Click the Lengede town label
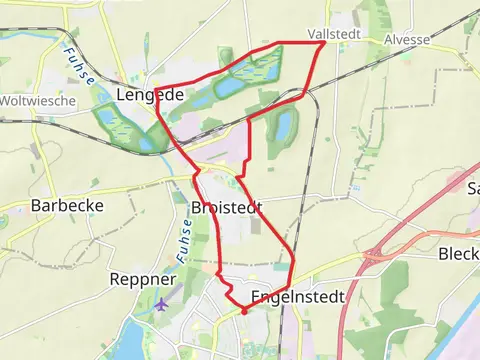click(150, 95)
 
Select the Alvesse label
click(408, 40)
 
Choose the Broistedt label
click(225, 207)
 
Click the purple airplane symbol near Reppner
click(162, 304)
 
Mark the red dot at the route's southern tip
click(243, 311)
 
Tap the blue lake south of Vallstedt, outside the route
click(283, 126)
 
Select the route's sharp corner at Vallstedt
click(323, 42)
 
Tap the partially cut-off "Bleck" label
click(459, 254)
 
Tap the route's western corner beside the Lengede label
click(157, 99)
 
